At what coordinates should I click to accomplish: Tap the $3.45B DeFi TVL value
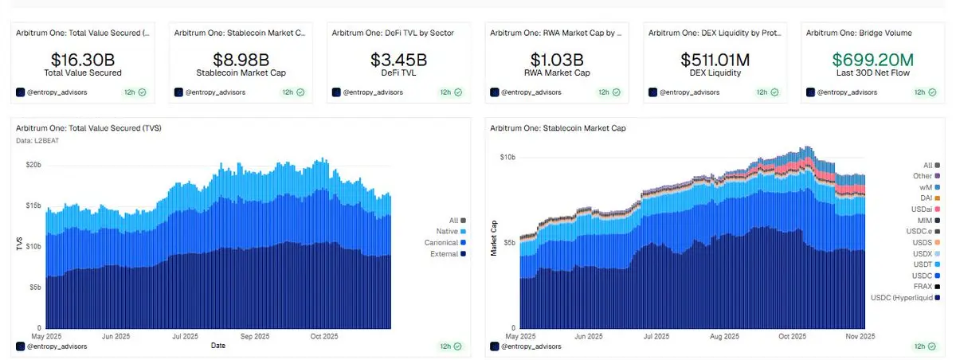coord(398,60)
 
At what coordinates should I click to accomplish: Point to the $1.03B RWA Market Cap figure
coord(557,60)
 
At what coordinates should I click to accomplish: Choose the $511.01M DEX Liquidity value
coord(715,60)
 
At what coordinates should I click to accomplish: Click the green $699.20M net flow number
coord(874,60)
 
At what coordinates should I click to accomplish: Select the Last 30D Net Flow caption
coord(874,73)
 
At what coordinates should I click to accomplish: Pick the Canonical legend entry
coord(441,242)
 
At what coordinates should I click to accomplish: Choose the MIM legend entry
coord(925,220)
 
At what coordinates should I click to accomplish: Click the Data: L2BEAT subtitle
coord(37,140)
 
